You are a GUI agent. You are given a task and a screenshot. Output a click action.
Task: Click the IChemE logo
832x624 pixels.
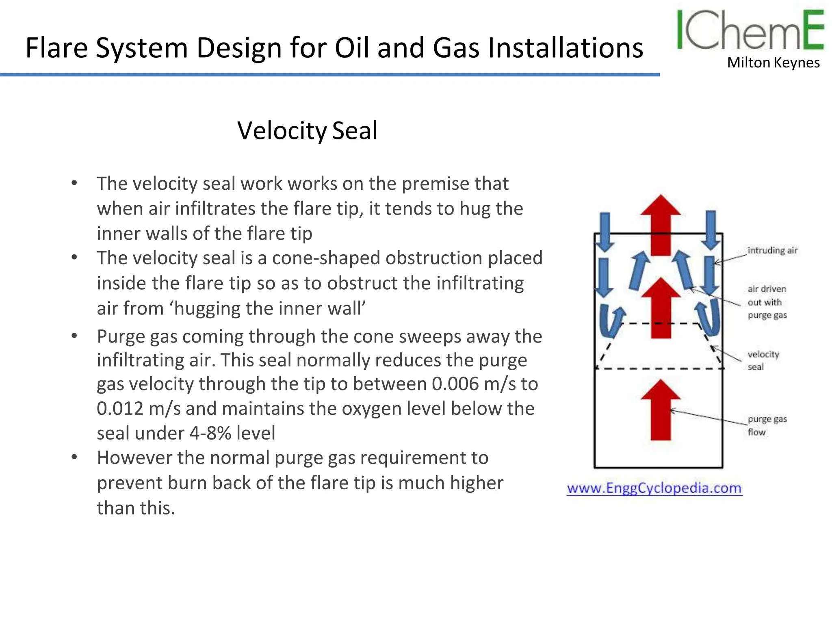(750, 30)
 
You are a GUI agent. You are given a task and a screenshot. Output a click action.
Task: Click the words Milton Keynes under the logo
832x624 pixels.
(773, 63)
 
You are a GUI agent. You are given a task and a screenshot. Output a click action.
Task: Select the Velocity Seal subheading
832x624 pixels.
(308, 131)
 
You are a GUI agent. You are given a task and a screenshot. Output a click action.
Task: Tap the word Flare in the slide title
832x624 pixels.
(56, 48)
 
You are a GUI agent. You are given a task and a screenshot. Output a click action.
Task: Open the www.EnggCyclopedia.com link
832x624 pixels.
(654, 487)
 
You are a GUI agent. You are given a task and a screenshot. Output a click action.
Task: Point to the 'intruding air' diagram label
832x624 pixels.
(772, 250)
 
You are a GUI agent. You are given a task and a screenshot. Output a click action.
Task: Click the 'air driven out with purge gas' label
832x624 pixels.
(767, 302)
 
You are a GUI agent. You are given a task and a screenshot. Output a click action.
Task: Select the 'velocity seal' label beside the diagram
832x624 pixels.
(763, 360)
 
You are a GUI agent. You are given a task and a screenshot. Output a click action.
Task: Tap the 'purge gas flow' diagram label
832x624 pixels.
(767, 425)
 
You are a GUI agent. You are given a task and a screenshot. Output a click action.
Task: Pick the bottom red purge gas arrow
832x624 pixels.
(661, 410)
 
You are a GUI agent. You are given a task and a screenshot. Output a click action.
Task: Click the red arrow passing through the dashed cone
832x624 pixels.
(661, 309)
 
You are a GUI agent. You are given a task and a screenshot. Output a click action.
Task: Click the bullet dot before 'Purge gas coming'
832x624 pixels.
(74, 336)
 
